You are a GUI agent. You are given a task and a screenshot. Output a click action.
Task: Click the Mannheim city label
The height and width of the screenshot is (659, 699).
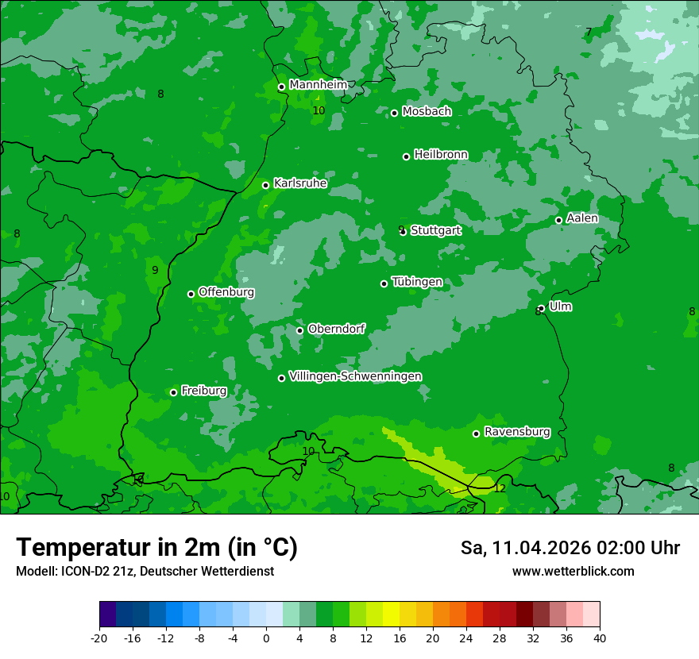coord(319,85)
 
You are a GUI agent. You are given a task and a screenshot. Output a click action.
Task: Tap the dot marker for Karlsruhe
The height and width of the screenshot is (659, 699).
coord(266,185)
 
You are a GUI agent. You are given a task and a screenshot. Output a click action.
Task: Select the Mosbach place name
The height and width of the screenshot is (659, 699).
coord(427,112)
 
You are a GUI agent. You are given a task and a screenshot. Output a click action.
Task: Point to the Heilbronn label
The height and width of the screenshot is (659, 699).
coord(441,155)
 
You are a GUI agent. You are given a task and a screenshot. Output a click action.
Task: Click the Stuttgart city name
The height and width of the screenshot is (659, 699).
coord(435,231)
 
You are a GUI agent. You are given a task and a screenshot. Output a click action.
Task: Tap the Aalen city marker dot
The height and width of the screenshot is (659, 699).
coord(558,220)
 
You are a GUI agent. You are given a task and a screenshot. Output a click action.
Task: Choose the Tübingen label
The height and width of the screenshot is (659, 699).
coord(417,283)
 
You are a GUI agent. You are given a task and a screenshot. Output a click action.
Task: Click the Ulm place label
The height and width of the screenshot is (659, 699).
coord(560,306)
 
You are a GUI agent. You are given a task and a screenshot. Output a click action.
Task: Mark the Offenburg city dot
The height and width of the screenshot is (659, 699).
coord(191,294)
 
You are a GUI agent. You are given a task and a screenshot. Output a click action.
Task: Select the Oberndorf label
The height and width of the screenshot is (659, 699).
coord(336,329)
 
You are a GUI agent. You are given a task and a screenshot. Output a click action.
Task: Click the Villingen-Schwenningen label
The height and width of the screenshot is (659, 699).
coord(355,376)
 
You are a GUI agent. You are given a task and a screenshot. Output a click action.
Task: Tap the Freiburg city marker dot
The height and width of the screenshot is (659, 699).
coord(173,392)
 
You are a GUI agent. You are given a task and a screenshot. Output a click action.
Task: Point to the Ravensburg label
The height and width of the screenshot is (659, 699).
coord(517,432)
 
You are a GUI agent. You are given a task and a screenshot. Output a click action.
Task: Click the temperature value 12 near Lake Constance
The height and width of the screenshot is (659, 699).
coord(500,488)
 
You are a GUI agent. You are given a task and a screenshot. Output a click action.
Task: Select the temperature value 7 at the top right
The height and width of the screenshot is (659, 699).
coord(589,33)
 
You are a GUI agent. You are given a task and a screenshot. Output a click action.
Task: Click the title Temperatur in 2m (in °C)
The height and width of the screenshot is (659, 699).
coord(156,547)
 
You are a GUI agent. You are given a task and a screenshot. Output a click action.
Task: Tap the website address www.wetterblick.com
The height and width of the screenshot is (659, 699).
coord(573,571)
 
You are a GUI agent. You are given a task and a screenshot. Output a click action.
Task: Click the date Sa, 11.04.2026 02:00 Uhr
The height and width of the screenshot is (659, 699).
coord(570,548)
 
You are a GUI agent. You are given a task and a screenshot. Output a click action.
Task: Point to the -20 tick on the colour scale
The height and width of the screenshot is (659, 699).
coord(99,638)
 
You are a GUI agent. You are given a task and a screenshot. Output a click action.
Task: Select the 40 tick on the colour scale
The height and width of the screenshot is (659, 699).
coord(600,638)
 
